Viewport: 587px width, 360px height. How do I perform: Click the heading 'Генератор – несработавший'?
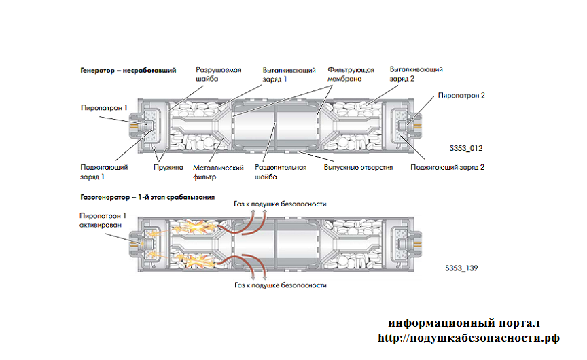click(128, 70)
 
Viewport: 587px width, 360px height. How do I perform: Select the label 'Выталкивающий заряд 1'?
click(287, 74)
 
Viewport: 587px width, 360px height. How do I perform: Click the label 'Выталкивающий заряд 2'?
click(416, 74)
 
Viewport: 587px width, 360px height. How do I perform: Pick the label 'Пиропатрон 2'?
click(461, 96)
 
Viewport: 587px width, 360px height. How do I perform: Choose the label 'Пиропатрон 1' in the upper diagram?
click(104, 107)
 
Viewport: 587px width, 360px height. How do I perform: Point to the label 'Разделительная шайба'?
click(276, 172)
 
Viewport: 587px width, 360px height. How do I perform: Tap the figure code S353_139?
click(463, 269)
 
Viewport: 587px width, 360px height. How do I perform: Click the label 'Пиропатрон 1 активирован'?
click(103, 219)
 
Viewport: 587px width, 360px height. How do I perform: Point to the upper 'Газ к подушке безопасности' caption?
click(280, 204)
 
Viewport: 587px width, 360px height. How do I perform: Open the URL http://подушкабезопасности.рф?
click(468, 338)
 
